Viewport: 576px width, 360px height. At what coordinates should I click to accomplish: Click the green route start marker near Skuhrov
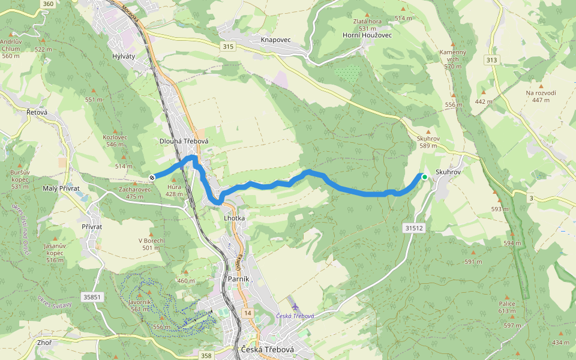pos(424,176)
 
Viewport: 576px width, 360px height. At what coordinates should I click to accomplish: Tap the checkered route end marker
pos(152,177)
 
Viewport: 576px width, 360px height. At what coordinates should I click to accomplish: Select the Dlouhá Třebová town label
pos(184,141)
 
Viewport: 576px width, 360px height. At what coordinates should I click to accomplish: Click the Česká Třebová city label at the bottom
pos(266,350)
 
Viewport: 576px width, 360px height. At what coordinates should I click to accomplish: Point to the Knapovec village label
pos(275,40)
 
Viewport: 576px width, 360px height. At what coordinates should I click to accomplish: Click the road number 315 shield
pos(227,46)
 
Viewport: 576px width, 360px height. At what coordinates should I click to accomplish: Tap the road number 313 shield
pos(492,59)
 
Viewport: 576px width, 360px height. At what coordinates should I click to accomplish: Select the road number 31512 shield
pos(414,228)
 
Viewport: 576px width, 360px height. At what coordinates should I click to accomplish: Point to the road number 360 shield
pos(49,4)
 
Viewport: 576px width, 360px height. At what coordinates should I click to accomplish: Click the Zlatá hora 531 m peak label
pos(367,24)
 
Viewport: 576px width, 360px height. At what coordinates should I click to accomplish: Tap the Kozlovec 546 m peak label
pos(115,140)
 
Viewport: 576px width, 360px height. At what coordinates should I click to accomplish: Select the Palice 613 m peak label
pos(507,307)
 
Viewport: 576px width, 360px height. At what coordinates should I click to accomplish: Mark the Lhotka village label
pos(234,218)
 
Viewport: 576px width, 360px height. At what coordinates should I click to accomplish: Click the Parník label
pos(238,279)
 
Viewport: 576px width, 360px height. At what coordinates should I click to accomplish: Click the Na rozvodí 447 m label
pos(541,96)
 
